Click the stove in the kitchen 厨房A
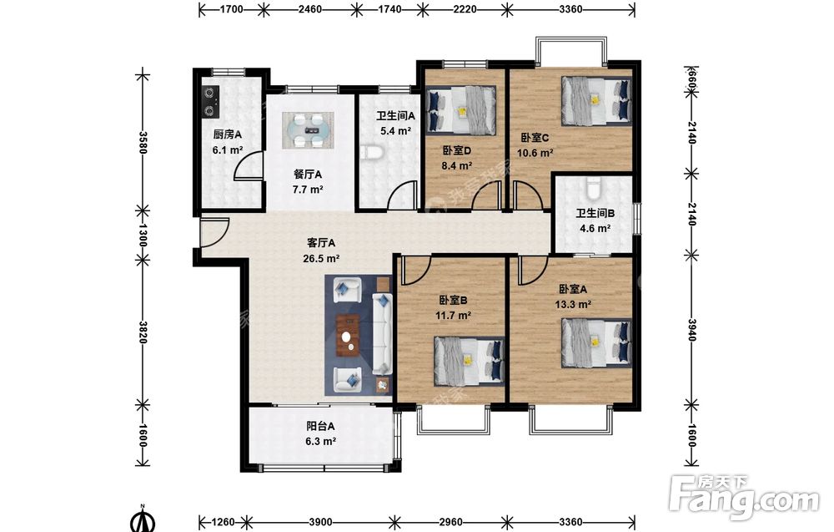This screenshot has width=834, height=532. (212, 102)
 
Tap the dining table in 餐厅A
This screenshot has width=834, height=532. (308, 130)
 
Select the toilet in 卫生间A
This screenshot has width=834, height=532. (372, 152)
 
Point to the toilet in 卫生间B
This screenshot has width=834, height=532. (593, 186)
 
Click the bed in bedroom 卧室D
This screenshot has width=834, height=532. (462, 110)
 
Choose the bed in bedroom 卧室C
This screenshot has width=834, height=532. (597, 101)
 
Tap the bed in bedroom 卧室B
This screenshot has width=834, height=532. (469, 361)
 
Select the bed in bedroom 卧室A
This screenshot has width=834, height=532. (597, 343)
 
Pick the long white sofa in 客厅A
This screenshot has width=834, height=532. (382, 333)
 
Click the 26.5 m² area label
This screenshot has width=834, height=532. (321, 259)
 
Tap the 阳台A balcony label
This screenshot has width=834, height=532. (320, 426)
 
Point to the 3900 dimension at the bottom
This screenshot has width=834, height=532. (320, 522)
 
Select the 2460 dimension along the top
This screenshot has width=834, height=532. (309, 9)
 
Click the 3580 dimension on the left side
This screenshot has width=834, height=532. (142, 142)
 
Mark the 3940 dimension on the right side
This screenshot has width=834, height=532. (691, 330)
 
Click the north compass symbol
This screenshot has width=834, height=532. (143, 519)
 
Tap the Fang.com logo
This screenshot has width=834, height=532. (745, 497)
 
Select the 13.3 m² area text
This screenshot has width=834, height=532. (574, 305)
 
